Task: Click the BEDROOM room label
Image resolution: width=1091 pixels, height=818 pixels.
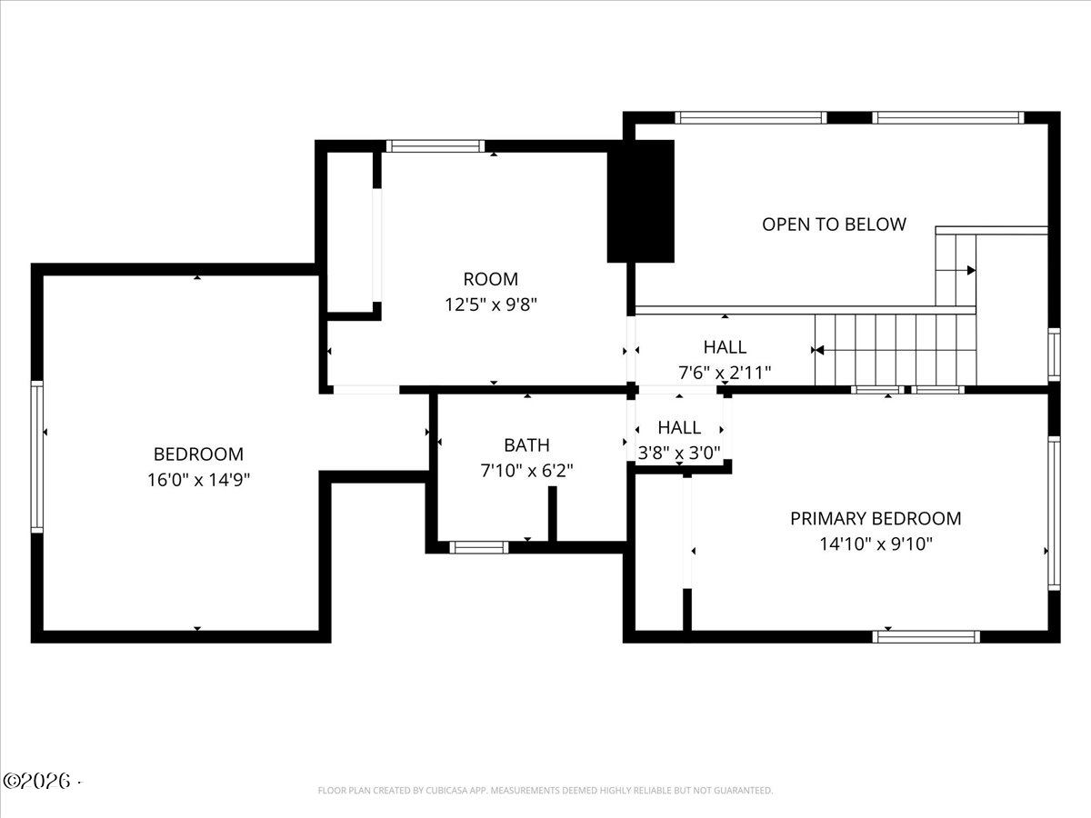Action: (198, 454)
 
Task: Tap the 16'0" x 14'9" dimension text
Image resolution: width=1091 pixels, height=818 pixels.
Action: (198, 480)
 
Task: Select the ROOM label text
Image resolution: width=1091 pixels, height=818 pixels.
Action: (491, 279)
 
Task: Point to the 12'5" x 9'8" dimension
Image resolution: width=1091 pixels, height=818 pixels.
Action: (491, 304)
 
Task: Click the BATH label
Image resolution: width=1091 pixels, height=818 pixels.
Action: (526, 445)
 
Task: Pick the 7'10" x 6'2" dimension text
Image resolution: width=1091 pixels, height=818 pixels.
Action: (526, 470)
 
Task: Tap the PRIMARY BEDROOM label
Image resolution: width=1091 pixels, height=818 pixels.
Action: (876, 518)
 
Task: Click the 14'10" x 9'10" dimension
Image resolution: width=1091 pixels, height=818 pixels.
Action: (876, 544)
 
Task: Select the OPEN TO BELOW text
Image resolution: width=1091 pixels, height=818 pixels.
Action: (834, 224)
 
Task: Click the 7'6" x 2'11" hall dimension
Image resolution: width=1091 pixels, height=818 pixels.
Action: (725, 373)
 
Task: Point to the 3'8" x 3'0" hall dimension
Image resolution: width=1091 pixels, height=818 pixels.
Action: (679, 453)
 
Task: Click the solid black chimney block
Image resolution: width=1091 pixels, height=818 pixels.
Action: (641, 201)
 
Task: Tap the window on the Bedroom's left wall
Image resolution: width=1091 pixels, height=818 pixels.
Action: (37, 457)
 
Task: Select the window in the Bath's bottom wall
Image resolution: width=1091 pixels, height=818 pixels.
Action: (479, 547)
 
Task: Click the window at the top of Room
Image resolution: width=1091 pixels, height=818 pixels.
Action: (435, 146)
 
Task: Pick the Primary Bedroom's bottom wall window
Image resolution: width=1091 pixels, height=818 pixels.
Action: (926, 637)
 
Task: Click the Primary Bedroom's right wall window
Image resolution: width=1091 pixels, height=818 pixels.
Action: (1055, 514)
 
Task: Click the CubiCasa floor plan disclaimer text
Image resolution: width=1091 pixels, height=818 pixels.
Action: (545, 790)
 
